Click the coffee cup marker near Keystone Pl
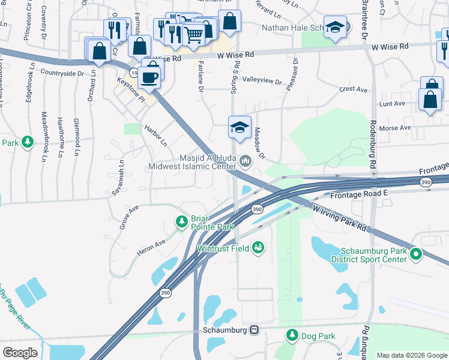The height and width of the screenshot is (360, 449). (150, 76)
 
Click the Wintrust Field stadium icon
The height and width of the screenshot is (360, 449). (258, 247)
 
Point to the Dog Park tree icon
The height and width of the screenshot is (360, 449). (292, 335)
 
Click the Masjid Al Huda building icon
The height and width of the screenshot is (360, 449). (245, 161)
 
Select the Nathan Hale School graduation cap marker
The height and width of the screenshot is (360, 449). (335, 27)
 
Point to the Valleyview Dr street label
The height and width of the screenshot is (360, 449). (261, 81)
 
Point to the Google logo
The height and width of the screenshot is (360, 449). (20, 353)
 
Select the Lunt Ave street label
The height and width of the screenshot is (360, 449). (391, 104)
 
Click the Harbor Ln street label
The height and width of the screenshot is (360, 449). (155, 136)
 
